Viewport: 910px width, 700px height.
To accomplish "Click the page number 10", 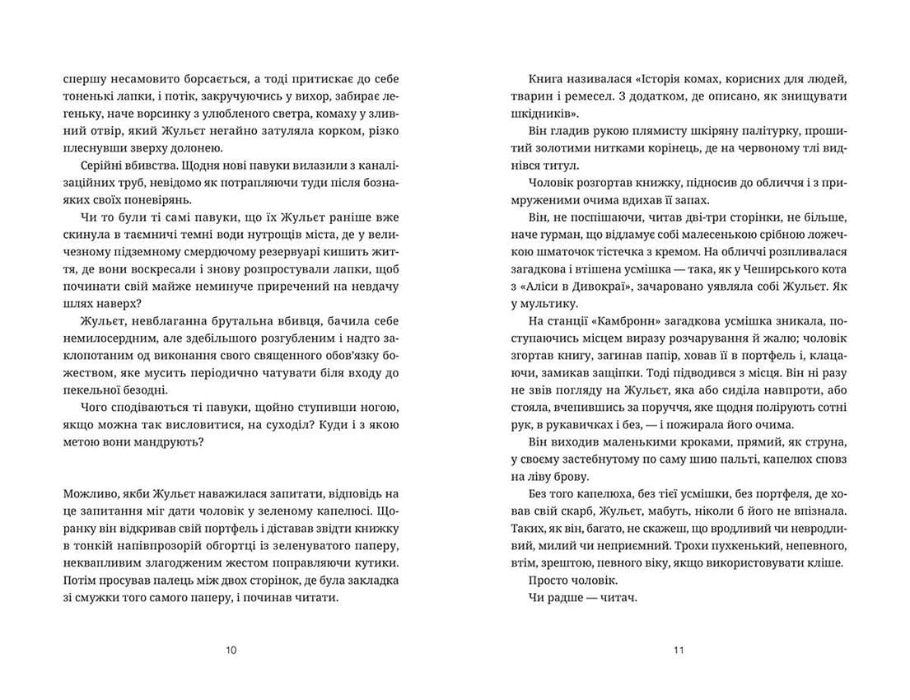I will pyautogui.click(x=231, y=650).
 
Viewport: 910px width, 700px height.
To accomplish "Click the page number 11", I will pyautogui.click(x=679, y=650).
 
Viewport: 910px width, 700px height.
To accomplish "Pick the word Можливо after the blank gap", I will pyautogui.click(x=87, y=494).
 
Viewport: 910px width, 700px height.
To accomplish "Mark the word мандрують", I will pyautogui.click(x=167, y=442).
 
